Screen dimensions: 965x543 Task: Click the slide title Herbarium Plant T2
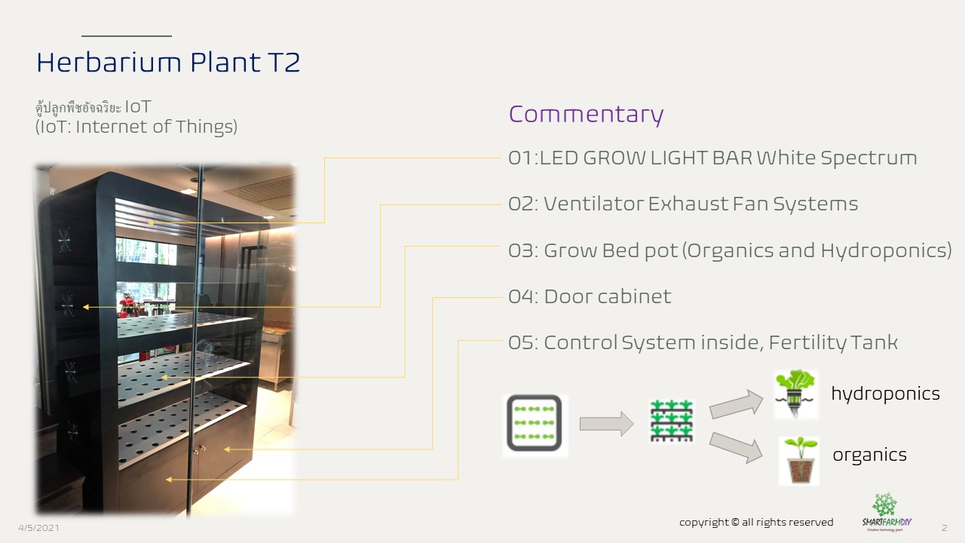[168, 62]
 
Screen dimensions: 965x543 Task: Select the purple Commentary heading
[586, 115]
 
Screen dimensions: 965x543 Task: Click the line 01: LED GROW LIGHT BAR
[712, 158]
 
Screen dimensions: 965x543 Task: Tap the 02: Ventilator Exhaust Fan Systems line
[683, 204]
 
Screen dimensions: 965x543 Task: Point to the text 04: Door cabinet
[590, 296]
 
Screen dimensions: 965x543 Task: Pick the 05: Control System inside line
[703, 343]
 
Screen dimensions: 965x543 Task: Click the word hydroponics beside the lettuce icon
[885, 394]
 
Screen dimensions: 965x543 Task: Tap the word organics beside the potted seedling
[869, 455]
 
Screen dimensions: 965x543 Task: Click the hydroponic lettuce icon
[795, 394]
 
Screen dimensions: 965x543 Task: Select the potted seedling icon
[799, 461]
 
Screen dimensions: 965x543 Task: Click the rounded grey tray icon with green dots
[535, 423]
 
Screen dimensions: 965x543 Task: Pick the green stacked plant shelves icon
[672, 421]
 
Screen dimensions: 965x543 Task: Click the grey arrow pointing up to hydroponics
[737, 403]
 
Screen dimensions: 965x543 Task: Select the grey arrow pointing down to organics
[737, 447]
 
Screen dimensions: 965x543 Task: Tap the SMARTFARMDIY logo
[887, 512]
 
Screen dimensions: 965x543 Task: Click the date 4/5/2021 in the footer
[38, 528]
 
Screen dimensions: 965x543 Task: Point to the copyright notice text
[756, 523]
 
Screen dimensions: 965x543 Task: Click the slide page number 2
[945, 528]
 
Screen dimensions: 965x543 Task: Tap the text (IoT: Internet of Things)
[136, 127]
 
